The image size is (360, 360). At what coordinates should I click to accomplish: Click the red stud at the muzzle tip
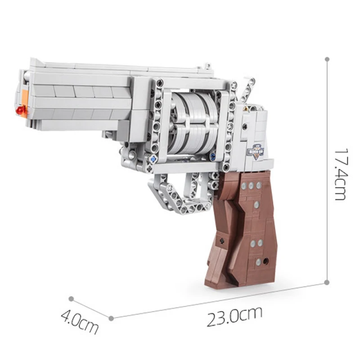tap(20, 110)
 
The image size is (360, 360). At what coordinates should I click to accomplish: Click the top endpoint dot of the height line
tap(327, 59)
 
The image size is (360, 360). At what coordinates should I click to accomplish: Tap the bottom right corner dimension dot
tap(327, 282)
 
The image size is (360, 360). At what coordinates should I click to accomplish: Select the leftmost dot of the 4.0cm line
tap(71, 298)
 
